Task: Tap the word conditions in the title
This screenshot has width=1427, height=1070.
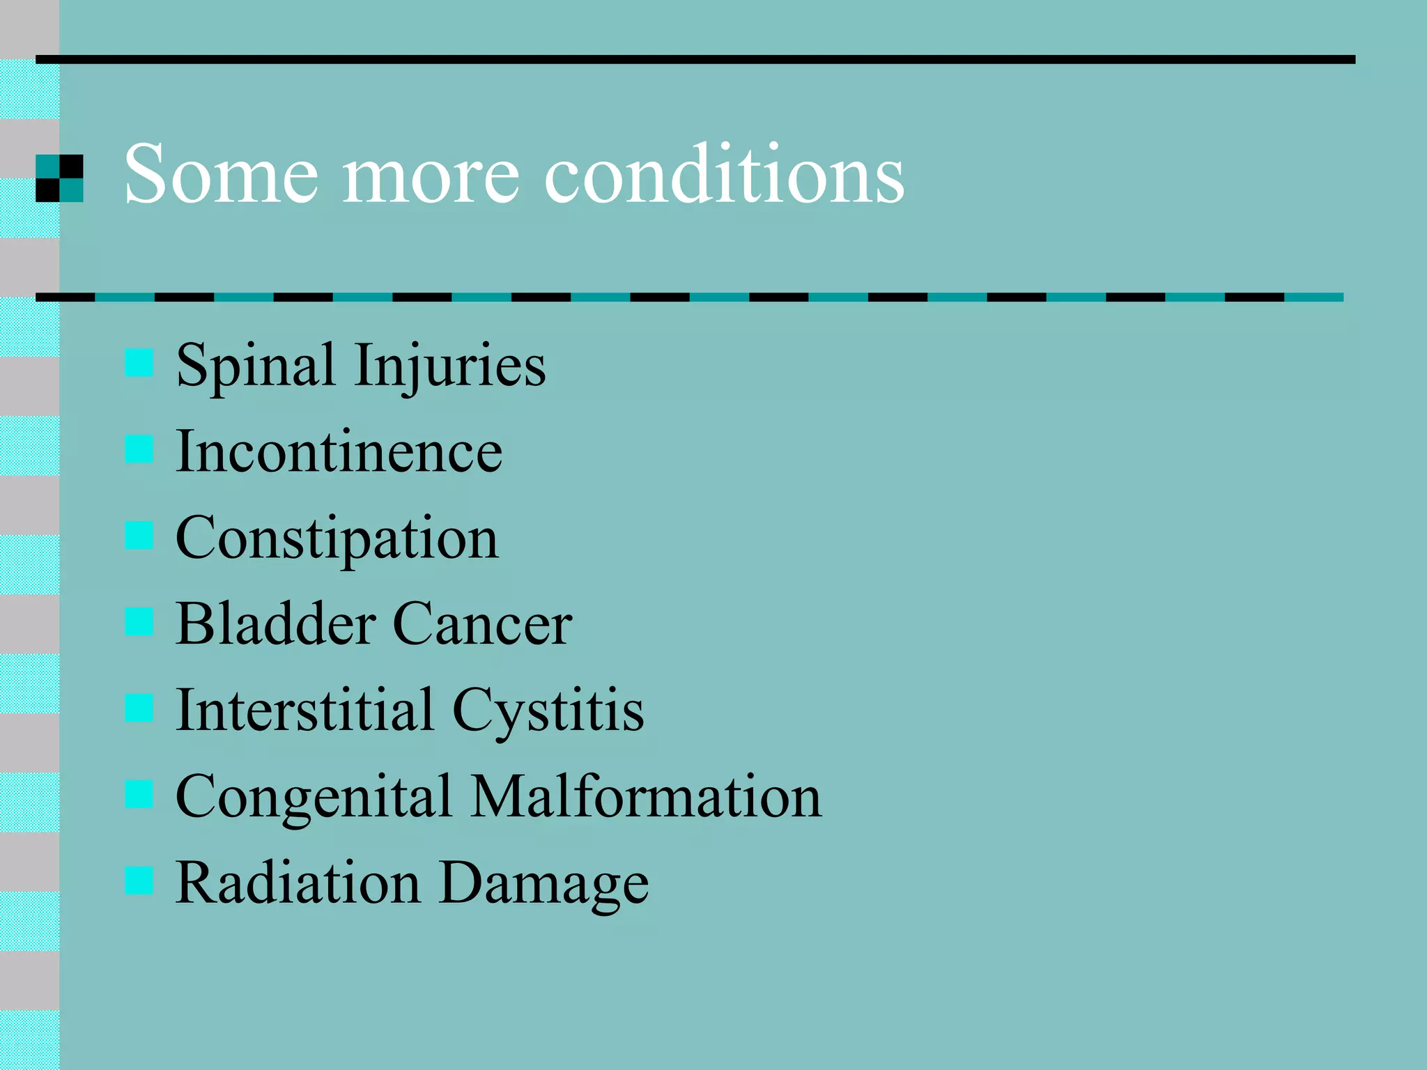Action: (724, 174)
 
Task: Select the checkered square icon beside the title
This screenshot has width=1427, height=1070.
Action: (59, 178)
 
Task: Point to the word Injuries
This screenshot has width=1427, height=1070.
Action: (449, 366)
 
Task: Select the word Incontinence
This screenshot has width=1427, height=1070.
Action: (339, 451)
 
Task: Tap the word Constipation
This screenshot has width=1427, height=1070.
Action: (337, 539)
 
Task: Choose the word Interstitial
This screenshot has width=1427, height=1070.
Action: (304, 710)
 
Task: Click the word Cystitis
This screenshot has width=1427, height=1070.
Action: (548, 711)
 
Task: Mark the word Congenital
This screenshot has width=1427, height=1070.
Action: (314, 798)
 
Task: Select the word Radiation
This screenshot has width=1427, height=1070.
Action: (298, 883)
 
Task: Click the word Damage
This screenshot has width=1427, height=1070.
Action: (544, 884)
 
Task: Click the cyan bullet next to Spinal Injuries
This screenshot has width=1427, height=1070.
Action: (139, 363)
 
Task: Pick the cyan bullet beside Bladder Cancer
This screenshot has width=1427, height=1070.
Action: (139, 621)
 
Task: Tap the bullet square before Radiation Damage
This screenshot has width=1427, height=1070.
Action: (139, 880)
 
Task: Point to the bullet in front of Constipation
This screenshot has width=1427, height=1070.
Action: (139, 535)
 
